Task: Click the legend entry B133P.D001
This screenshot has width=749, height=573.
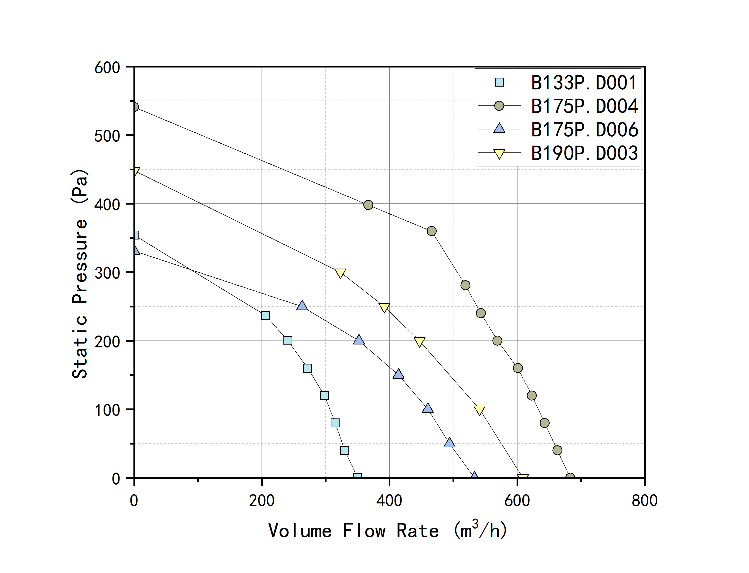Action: click(x=583, y=83)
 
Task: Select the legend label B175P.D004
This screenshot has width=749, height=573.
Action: click(x=584, y=106)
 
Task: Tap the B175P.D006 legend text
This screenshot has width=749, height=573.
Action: click(x=584, y=130)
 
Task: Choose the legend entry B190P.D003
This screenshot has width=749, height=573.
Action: click(x=584, y=153)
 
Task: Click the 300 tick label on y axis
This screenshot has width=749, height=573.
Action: click(x=107, y=273)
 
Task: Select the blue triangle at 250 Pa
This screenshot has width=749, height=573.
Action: click(x=302, y=306)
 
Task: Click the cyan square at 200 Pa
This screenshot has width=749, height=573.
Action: click(x=288, y=341)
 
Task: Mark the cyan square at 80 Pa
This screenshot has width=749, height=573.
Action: click(x=335, y=423)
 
